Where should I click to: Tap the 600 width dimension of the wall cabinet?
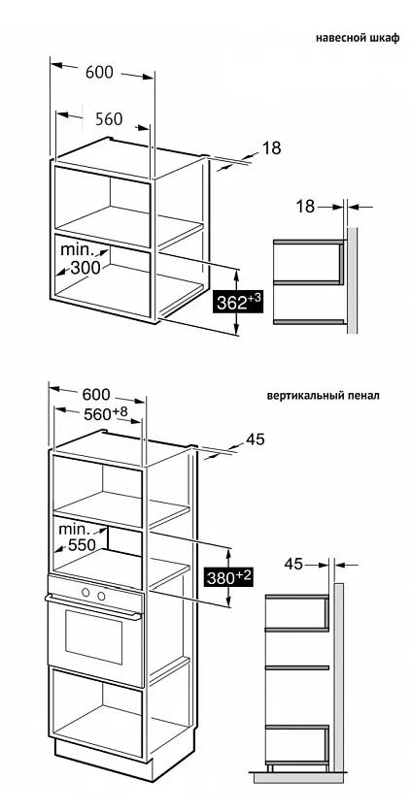click(99, 72)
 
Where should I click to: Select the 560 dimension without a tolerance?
click(108, 119)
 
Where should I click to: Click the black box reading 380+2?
click(228, 578)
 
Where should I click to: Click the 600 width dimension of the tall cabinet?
click(96, 394)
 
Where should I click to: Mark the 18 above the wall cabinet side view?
click(307, 206)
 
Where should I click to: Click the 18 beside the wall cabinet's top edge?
click(272, 148)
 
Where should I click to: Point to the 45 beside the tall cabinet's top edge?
click(256, 439)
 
